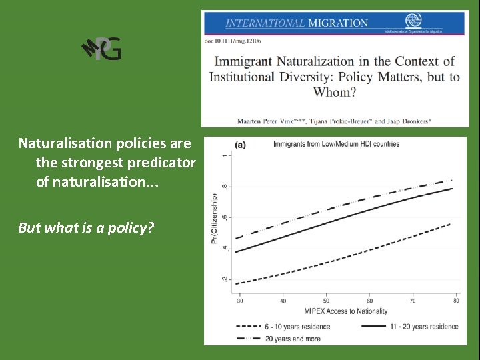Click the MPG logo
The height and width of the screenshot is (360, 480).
pyautogui.click(x=101, y=49)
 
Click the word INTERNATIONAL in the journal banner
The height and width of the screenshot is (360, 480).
pyautogui.click(x=265, y=23)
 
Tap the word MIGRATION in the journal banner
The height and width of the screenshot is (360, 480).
pyautogui.click(x=337, y=23)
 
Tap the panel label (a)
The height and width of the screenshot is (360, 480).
pyautogui.click(x=243, y=144)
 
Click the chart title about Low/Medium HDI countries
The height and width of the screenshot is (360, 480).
pyautogui.click(x=337, y=144)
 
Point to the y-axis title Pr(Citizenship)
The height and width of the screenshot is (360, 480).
pyautogui.click(x=214, y=218)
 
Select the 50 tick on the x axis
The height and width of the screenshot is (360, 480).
pyautogui.click(x=326, y=300)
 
